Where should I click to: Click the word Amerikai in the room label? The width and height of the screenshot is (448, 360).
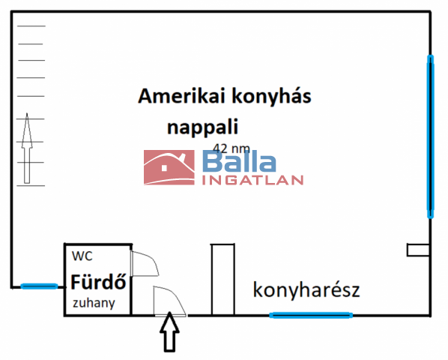pos(181,96)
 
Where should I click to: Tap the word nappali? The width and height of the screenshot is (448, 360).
pos(202,127)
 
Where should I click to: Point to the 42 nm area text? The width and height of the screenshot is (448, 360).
pos(231,148)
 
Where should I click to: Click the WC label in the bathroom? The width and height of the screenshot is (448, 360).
pos(82,256)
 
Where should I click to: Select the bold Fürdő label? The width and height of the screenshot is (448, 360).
pos(98,282)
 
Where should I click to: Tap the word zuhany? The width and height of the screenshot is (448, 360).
pos(94,303)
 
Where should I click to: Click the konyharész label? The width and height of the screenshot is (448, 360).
pos(306,289)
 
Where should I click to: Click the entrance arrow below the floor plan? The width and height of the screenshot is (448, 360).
pos(170,331)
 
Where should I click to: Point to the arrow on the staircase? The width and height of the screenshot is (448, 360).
pos(27,148)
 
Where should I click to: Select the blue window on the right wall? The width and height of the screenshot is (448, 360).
pos(430,136)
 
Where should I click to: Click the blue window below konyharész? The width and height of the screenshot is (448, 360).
pos(311,316)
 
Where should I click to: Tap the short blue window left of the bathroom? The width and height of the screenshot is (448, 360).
pos(40,286)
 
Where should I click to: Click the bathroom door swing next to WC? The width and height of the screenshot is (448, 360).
pos(145,264)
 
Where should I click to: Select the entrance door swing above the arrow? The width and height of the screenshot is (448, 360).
pos(170,301)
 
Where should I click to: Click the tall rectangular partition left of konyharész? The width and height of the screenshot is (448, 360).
pos(223,280)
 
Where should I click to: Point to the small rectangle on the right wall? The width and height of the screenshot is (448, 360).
pos(418,250)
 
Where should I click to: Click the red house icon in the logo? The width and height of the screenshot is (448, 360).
pos(169,167)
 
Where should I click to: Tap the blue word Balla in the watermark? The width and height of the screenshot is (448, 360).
pos(239,161)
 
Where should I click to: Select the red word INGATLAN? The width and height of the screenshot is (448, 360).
pos(253,181)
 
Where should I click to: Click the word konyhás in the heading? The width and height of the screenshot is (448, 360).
pos(271,97)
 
